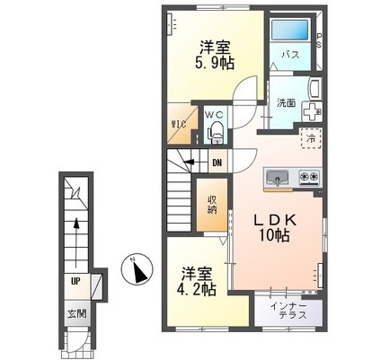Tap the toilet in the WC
tap(217, 132)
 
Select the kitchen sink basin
tap(278, 178)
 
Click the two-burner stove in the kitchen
tap(309, 176)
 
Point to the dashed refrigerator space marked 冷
tap(312, 138)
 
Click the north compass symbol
tap(137, 269)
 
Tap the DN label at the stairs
tap(217, 163)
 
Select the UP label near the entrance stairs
tap(75, 281)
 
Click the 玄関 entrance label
tap(76, 313)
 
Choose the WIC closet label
tap(179, 123)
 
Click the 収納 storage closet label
tap(212, 205)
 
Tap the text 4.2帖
tap(197, 289)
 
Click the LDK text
tap(275, 221)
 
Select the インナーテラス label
tap(288, 311)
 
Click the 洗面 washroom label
tap(286, 103)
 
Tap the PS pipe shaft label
tap(320, 40)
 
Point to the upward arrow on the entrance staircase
tap(76, 243)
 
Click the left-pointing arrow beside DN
tap(196, 162)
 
